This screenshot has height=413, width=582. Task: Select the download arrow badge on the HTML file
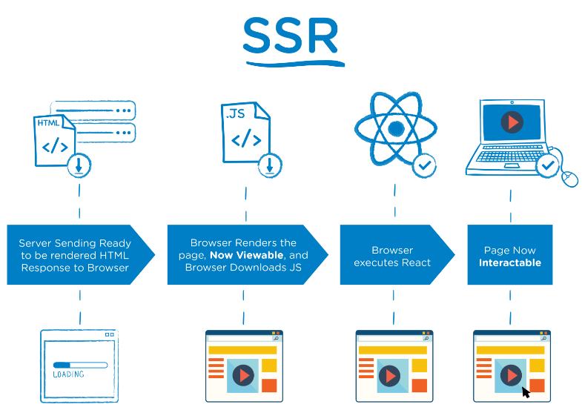[x=79, y=166]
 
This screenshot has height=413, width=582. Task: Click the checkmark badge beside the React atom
[x=424, y=166]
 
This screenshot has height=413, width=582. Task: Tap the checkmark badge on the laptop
[x=548, y=165]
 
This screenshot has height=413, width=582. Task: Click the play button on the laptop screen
[x=512, y=122]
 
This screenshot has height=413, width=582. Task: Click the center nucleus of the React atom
[x=395, y=128]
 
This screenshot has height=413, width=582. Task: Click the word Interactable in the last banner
[x=509, y=262]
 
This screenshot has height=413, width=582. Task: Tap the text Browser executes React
[x=392, y=257]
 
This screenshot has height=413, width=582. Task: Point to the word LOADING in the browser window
[x=69, y=374]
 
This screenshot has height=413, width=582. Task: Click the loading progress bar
[x=79, y=365]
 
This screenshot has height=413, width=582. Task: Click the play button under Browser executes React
[x=389, y=375]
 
